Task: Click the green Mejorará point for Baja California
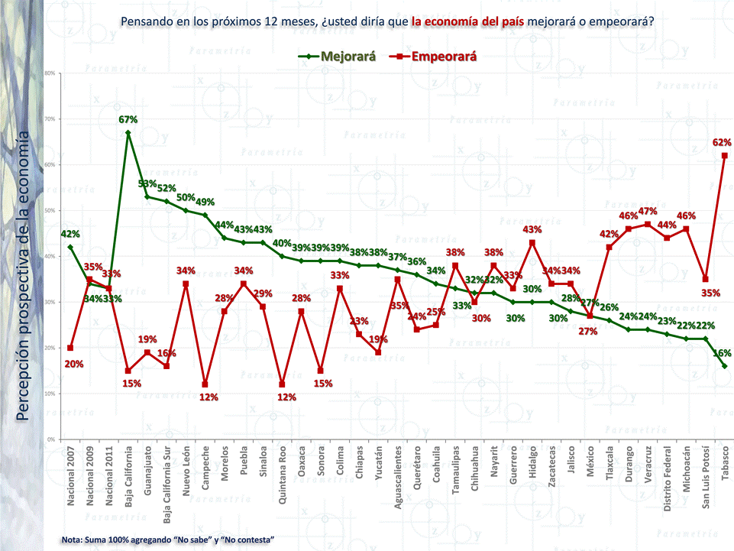click(128, 133)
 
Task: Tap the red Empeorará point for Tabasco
click(724, 156)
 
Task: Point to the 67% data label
click(128, 119)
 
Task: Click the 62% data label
click(722, 142)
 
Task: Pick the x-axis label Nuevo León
click(186, 475)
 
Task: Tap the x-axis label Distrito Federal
click(667, 481)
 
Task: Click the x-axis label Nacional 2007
click(71, 480)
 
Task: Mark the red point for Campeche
click(205, 384)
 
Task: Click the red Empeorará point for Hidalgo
click(532, 243)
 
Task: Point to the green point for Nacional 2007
click(70, 247)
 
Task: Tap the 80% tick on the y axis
click(49, 73)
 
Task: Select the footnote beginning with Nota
click(168, 540)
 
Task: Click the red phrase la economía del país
click(467, 21)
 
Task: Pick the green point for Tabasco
click(724, 366)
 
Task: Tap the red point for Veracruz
click(648, 225)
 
